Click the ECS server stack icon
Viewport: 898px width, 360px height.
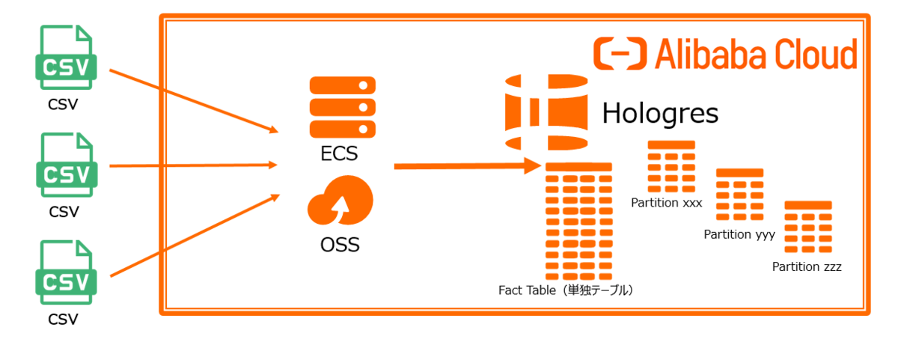341,106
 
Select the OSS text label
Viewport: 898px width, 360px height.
340,245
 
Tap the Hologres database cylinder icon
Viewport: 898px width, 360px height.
546,112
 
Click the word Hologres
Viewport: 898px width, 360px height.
660,114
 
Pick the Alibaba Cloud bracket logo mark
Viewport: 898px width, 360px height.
620,55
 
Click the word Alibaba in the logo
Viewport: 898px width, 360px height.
710,55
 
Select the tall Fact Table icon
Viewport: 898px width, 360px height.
579,220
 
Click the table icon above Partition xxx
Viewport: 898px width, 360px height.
671,167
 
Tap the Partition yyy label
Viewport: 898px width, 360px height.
739,234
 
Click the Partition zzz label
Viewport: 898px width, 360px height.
807,266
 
